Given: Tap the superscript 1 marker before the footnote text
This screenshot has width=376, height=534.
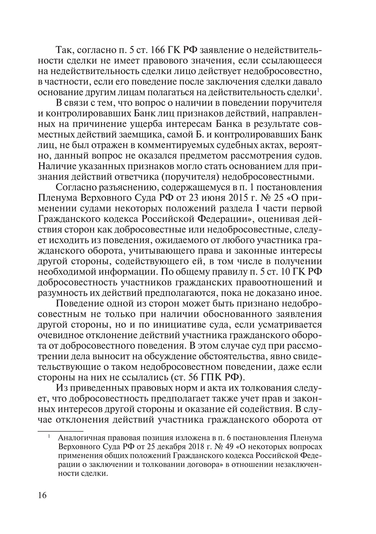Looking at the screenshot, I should (x=49, y=437).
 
